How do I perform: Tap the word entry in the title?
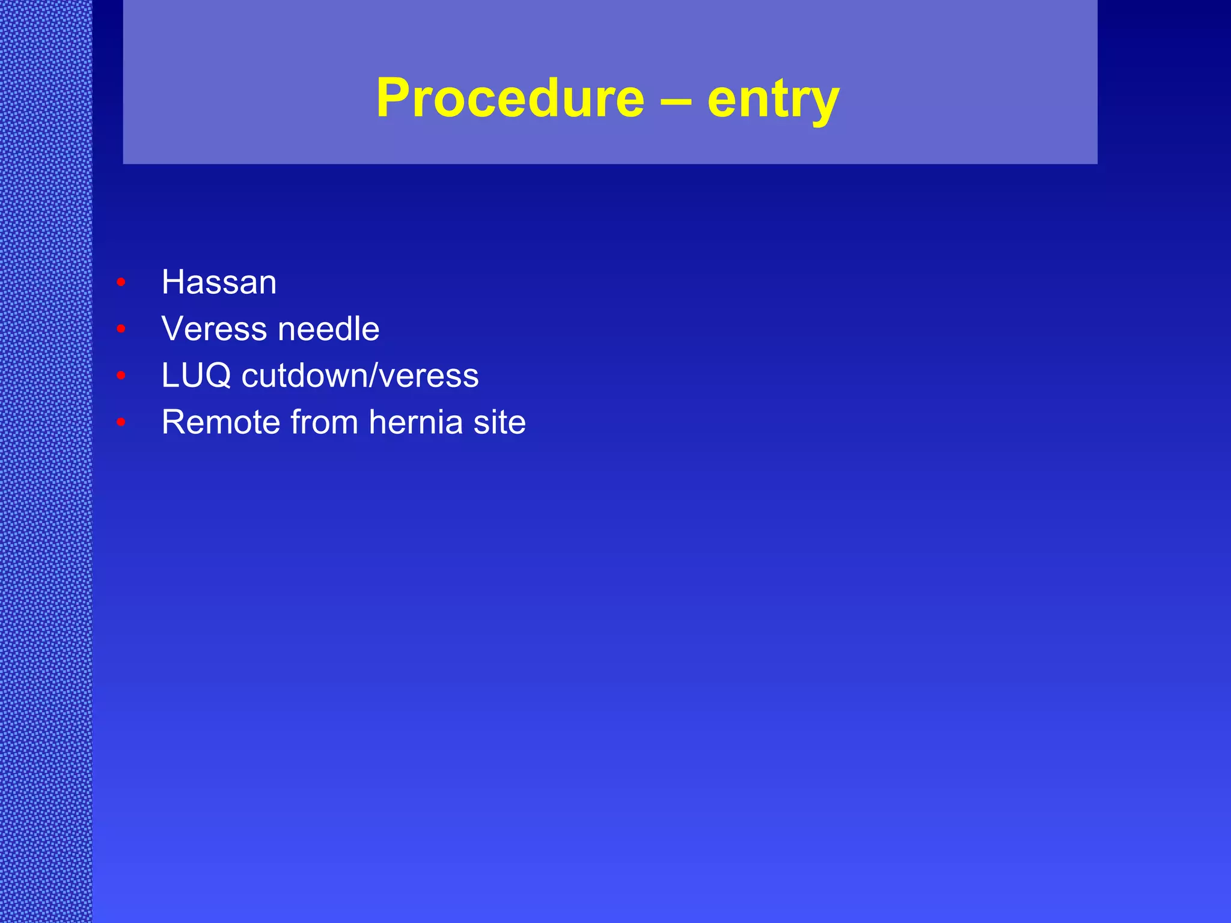click(773, 101)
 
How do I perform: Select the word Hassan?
click(219, 282)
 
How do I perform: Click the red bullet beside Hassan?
click(121, 282)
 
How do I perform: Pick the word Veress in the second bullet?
click(214, 329)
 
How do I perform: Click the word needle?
click(328, 329)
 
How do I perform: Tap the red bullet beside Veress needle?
click(121, 329)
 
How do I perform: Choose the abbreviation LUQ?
click(196, 376)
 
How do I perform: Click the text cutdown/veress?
click(360, 376)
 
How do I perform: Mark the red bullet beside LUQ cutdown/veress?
click(121, 376)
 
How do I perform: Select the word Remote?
click(221, 422)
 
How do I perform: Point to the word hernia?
click(415, 422)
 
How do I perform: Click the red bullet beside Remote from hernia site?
click(121, 422)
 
